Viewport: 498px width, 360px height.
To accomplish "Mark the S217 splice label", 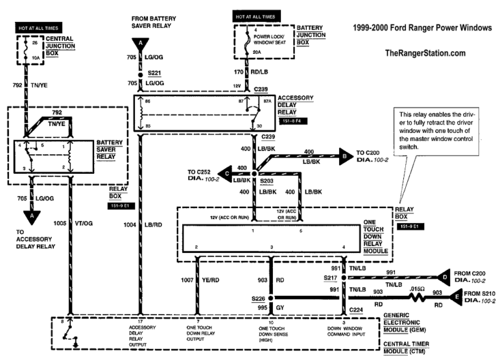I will tap(332, 278).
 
